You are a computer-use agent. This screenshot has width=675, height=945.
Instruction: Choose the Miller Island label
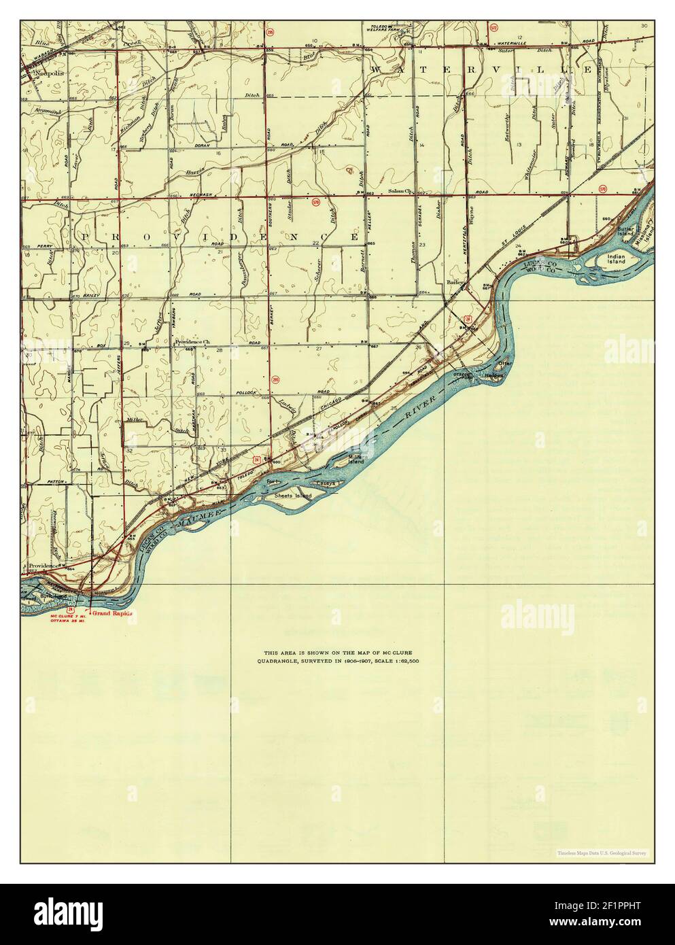coord(355,459)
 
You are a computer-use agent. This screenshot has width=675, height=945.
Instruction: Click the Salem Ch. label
coord(400,191)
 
